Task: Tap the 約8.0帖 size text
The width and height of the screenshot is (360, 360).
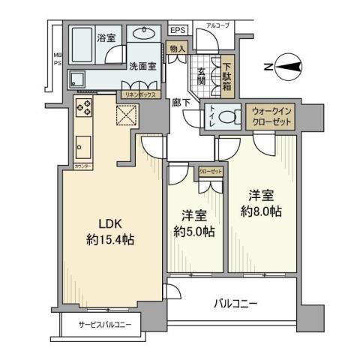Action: [x=262, y=211]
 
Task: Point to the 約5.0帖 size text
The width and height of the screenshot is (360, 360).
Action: [x=195, y=231]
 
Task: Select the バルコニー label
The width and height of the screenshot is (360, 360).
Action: [x=235, y=304]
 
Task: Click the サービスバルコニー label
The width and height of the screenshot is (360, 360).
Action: [x=105, y=325]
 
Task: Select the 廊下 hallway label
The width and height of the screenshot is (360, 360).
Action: [x=180, y=103]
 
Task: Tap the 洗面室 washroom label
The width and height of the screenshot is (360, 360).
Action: [x=141, y=66]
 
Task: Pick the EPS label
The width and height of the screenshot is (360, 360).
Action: [x=178, y=31]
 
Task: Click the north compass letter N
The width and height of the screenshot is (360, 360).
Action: [x=268, y=67]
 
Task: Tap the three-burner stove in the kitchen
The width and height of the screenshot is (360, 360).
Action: [x=83, y=108]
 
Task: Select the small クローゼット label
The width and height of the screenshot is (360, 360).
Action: [x=210, y=170]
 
